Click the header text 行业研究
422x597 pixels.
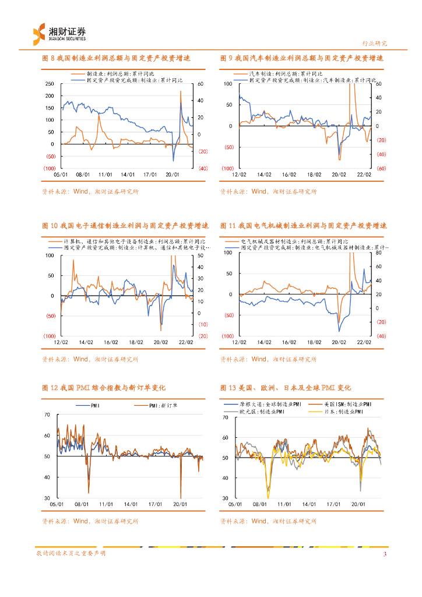374,43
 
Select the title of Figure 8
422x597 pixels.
117,59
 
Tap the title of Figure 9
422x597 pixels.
302,59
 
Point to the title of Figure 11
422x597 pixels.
304,226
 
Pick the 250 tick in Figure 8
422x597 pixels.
50,84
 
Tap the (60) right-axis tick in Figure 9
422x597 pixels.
379,168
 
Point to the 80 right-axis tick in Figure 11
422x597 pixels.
377,253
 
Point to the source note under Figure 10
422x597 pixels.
90,360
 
